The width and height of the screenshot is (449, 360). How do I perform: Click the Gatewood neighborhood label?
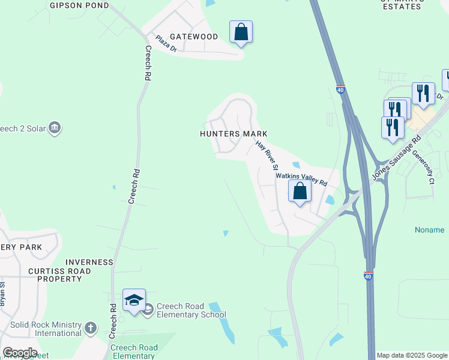(x=193, y=37)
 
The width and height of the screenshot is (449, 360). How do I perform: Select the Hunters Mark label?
(x=234, y=134)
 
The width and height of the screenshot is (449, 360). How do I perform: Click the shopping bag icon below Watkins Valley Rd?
(x=300, y=191)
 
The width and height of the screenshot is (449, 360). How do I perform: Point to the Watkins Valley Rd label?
(x=301, y=178)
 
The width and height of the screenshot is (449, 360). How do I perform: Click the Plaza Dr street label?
(x=166, y=44)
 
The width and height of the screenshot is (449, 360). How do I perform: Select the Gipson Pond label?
(x=79, y=5)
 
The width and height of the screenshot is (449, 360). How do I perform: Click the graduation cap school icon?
(x=134, y=299)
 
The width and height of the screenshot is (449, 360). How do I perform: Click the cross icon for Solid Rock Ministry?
(x=90, y=328)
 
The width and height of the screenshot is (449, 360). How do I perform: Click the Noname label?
(x=430, y=230)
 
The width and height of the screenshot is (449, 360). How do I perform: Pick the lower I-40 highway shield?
(x=368, y=275)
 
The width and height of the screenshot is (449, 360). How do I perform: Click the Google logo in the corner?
(x=20, y=353)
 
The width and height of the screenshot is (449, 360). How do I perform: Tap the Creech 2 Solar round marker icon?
(x=55, y=128)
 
